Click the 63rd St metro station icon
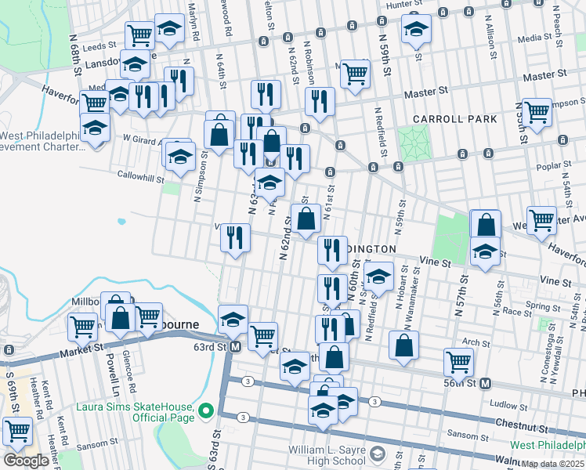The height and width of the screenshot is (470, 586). [x=234, y=346]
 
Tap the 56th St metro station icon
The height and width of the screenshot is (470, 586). [x=485, y=383]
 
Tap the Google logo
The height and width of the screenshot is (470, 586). [x=26, y=461]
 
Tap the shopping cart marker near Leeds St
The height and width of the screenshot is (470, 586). [x=139, y=34]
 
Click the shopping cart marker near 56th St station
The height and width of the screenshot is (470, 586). [x=458, y=362]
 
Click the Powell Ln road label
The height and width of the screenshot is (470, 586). [x=110, y=377]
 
